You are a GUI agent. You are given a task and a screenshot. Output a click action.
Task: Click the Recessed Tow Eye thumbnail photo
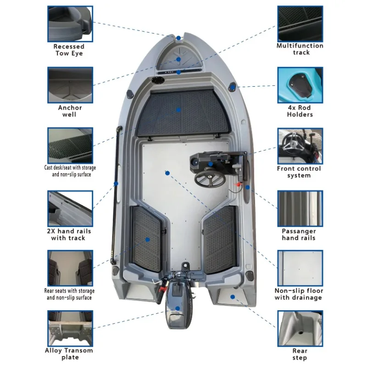pos(70,24)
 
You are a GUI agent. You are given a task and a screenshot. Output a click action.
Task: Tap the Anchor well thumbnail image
pos(70,85)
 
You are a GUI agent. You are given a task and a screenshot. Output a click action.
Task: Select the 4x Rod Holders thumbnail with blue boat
pos(300,85)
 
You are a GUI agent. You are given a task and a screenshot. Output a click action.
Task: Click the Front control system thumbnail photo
pos(300,146)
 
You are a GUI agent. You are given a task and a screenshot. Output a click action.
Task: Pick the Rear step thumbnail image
pos(300,328)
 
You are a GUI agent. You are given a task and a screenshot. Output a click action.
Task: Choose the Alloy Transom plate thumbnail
pos(70,328)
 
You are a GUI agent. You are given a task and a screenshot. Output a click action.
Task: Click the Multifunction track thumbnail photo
pos(300,24)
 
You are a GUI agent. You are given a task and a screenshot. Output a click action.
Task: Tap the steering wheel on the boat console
pos(210,178)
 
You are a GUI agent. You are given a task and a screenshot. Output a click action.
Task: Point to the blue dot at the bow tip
pos(178,38)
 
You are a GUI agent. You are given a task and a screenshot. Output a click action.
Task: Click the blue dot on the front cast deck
pos(178,110)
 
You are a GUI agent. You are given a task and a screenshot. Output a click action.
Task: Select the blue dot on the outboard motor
pos(178,308)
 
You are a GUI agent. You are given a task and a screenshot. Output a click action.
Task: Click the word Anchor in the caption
pos(70,108)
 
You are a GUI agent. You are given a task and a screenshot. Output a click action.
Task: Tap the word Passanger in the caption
pos(299,231)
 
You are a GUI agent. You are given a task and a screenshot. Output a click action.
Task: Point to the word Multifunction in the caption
pos(300,45)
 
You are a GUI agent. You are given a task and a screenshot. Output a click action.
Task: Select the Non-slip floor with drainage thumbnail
pos(300,268)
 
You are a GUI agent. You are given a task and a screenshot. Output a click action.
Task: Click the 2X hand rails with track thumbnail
pos(70,209)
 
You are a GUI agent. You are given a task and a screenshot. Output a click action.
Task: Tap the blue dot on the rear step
pos(233,297)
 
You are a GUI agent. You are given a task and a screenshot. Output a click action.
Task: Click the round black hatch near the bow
pos(158,80)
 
